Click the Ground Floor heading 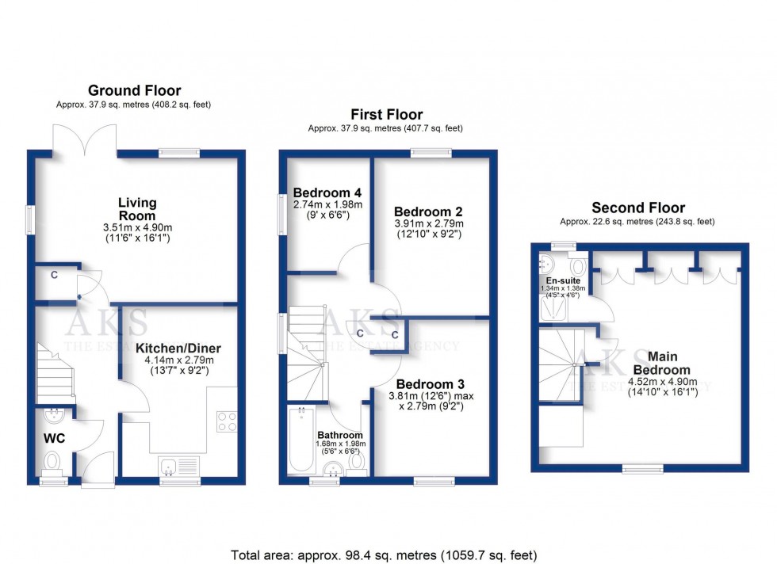(134, 90)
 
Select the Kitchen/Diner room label (178, 349)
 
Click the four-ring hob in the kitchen (226, 421)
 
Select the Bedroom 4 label (327, 192)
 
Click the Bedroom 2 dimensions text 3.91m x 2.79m (427, 224)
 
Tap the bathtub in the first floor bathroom (300, 440)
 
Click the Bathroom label (340, 435)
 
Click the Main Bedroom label (661, 363)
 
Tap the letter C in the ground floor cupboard (55, 275)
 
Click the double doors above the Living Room (86, 139)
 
